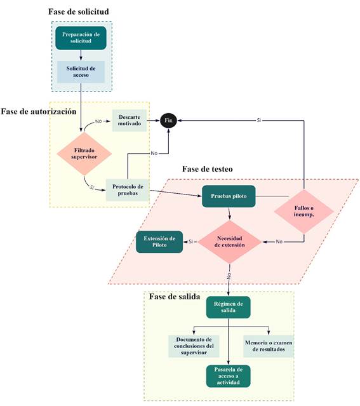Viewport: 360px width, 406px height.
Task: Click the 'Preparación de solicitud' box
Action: tap(81, 38)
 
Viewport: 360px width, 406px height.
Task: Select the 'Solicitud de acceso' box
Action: tap(81, 72)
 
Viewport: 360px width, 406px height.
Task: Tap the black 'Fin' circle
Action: tap(168, 120)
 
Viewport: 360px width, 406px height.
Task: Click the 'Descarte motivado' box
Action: tap(130, 120)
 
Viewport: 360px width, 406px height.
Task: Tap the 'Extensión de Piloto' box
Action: tap(159, 241)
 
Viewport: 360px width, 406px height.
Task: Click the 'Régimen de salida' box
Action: tap(228, 308)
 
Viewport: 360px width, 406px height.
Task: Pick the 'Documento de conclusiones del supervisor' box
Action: tap(193, 346)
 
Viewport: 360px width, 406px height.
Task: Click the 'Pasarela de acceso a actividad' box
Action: tap(228, 376)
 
